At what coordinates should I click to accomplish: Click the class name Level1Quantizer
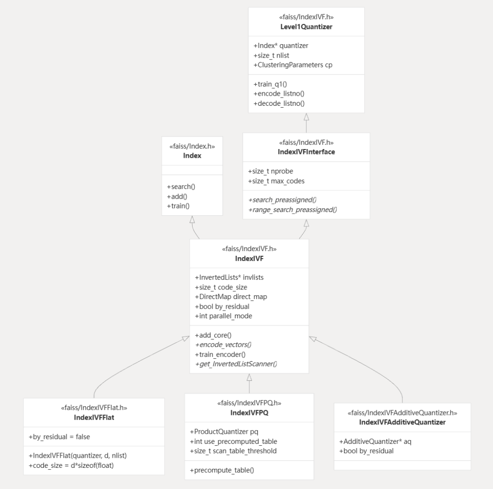[x=306, y=27]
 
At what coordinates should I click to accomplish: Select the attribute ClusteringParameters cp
[x=293, y=65]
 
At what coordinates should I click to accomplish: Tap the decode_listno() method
[x=279, y=103]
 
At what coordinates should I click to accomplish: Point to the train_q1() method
[x=270, y=84]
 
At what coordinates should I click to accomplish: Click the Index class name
[x=192, y=155]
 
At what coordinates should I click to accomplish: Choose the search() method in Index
[x=181, y=187]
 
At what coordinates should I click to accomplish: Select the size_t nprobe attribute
[x=271, y=171]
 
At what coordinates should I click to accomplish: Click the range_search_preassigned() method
[x=292, y=210]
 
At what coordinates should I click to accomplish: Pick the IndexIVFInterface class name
[x=306, y=151]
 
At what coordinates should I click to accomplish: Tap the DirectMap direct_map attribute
[x=231, y=297]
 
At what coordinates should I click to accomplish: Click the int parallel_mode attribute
[x=223, y=315]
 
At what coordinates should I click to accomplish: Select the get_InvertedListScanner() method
[x=236, y=364]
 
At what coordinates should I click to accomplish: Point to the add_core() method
[x=213, y=335]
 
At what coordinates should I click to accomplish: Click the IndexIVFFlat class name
[x=94, y=417]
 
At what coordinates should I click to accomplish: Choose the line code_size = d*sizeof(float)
[x=71, y=465]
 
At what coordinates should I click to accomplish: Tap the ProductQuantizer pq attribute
[x=224, y=431]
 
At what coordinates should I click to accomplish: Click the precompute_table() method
[x=221, y=470]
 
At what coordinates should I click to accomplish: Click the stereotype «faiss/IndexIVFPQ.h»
[x=249, y=403]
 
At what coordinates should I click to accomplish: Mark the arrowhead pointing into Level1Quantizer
[x=306, y=117]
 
